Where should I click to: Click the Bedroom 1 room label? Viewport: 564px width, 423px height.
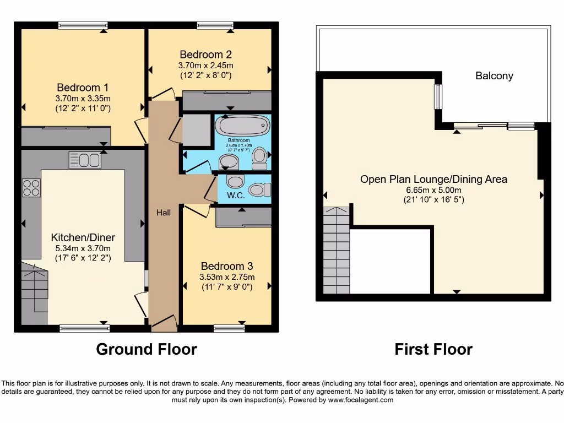click(83, 88)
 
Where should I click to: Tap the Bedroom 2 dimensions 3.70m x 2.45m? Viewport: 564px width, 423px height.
click(205, 65)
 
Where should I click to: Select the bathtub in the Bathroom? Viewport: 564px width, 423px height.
click(242, 125)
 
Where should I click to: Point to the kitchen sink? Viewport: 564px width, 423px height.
click(84, 160)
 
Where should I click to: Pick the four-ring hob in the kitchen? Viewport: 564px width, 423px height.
click(31, 187)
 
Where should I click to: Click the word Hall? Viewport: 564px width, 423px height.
click(163, 213)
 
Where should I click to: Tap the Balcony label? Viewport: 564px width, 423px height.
click(494, 76)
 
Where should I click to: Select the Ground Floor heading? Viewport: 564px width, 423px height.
click(146, 349)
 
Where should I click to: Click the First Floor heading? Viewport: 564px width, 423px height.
click(433, 349)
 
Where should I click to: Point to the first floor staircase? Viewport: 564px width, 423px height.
click(336, 251)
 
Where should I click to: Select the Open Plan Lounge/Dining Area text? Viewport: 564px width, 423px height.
click(433, 179)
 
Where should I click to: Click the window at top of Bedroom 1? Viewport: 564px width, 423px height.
click(83, 25)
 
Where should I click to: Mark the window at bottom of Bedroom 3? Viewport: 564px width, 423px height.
click(229, 329)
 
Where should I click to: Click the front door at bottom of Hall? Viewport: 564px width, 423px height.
click(164, 325)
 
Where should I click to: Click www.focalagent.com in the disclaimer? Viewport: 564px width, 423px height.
click(360, 400)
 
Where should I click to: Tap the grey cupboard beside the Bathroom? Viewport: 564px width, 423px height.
click(197, 130)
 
